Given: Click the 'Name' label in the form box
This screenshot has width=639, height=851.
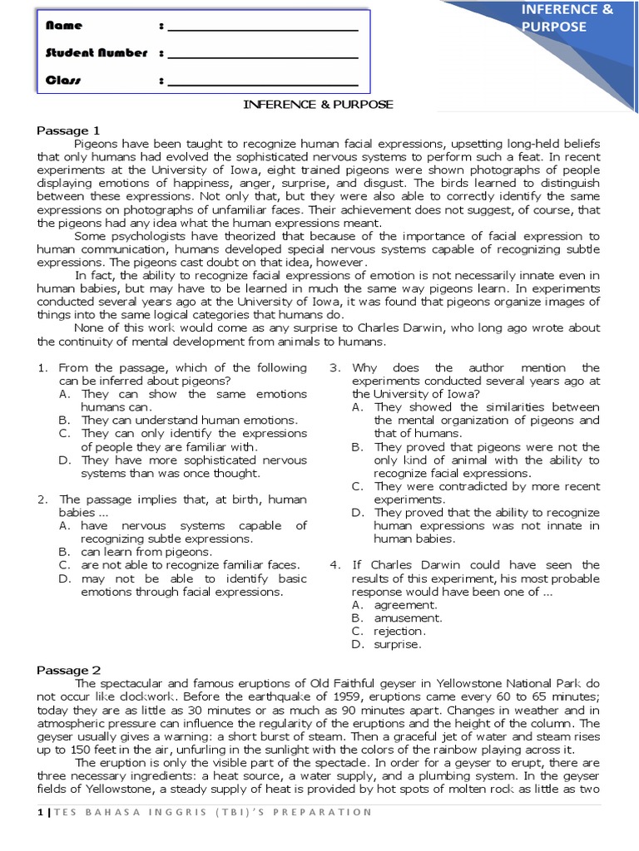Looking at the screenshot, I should point(64,27).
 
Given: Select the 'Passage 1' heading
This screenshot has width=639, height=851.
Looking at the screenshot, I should point(68,130).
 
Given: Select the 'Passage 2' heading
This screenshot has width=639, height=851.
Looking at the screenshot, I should point(69,670).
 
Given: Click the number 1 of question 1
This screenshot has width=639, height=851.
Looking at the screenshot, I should point(42,367).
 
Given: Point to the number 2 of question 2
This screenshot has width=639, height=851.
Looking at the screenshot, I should point(42,499).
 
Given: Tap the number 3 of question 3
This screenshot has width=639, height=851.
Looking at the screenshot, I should point(334,367).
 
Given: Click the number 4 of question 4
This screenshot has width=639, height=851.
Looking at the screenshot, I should point(334,565).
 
